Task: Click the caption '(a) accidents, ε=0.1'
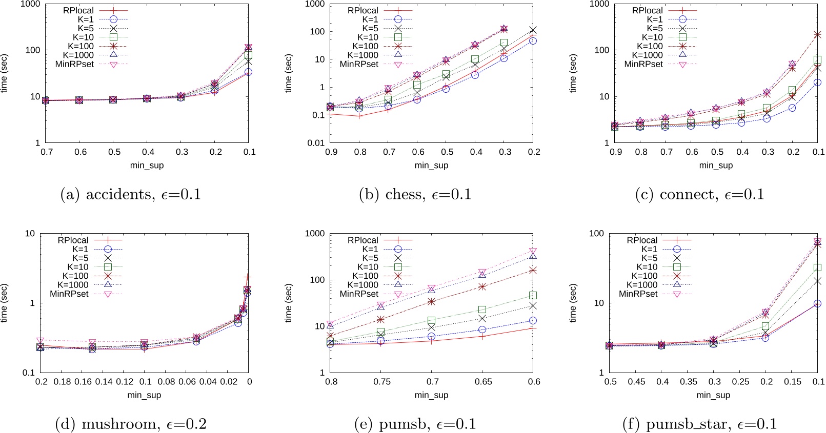130,195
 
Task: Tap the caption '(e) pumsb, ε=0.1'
415,424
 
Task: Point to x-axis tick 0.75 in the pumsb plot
382,382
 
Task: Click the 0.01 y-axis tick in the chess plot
316,143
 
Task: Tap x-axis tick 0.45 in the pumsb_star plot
636,382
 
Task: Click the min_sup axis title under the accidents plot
147,166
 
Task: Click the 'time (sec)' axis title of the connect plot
573,73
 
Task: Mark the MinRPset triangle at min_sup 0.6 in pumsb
533,251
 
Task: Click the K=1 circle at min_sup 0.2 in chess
533,40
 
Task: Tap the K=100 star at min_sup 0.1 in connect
817,35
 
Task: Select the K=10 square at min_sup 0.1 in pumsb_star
817,267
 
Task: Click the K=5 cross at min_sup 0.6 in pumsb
533,306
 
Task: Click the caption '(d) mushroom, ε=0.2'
130,424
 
